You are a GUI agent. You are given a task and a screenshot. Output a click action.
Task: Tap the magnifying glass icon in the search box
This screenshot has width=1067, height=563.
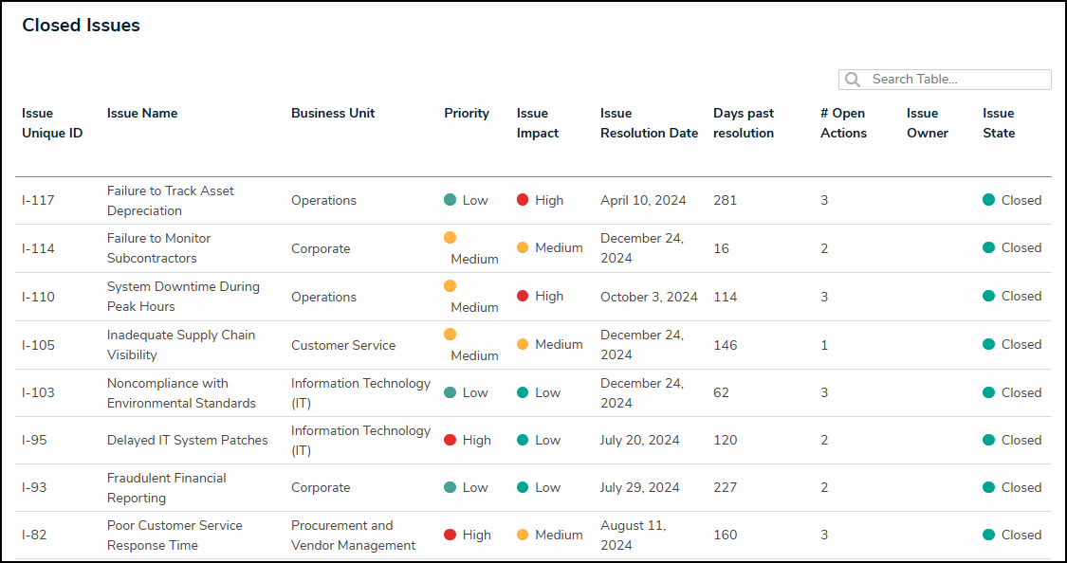coord(853,80)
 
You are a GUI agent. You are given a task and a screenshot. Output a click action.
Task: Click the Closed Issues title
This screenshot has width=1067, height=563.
coord(82,26)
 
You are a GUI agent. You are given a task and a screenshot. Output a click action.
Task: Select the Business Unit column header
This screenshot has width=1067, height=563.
coord(333,113)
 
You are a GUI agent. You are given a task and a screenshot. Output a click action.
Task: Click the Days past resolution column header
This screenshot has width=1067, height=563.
coord(744,123)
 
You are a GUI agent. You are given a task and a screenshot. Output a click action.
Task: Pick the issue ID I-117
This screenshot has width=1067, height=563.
coord(38,200)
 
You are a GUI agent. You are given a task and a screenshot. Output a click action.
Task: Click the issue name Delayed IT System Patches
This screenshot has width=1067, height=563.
coord(187,440)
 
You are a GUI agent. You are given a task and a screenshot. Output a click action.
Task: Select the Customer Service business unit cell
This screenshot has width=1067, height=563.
coord(343,345)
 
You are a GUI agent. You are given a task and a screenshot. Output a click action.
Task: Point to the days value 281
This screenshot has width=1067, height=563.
coord(725,200)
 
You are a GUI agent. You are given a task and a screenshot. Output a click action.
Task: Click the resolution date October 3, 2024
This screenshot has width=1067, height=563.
coord(649,297)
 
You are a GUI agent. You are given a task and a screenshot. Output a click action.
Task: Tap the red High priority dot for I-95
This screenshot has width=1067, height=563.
coord(451,440)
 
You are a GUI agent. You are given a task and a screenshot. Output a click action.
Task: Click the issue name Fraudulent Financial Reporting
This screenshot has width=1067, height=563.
coord(166,488)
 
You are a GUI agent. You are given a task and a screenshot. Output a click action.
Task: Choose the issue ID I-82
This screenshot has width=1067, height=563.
coord(34,535)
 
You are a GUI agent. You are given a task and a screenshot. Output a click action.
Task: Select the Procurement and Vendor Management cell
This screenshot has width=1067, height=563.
coord(353,536)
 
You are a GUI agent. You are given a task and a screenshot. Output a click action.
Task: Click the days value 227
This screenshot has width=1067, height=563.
coord(725,487)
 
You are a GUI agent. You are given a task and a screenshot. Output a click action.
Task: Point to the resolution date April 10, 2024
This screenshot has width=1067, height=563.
coord(643,200)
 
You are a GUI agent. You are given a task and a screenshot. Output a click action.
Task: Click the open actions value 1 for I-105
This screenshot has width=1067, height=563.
coord(824,345)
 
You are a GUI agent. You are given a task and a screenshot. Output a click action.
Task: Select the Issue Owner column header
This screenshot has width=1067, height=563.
coord(927,123)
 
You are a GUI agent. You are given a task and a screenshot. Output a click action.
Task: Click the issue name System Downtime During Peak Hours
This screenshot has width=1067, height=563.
coord(182,297)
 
